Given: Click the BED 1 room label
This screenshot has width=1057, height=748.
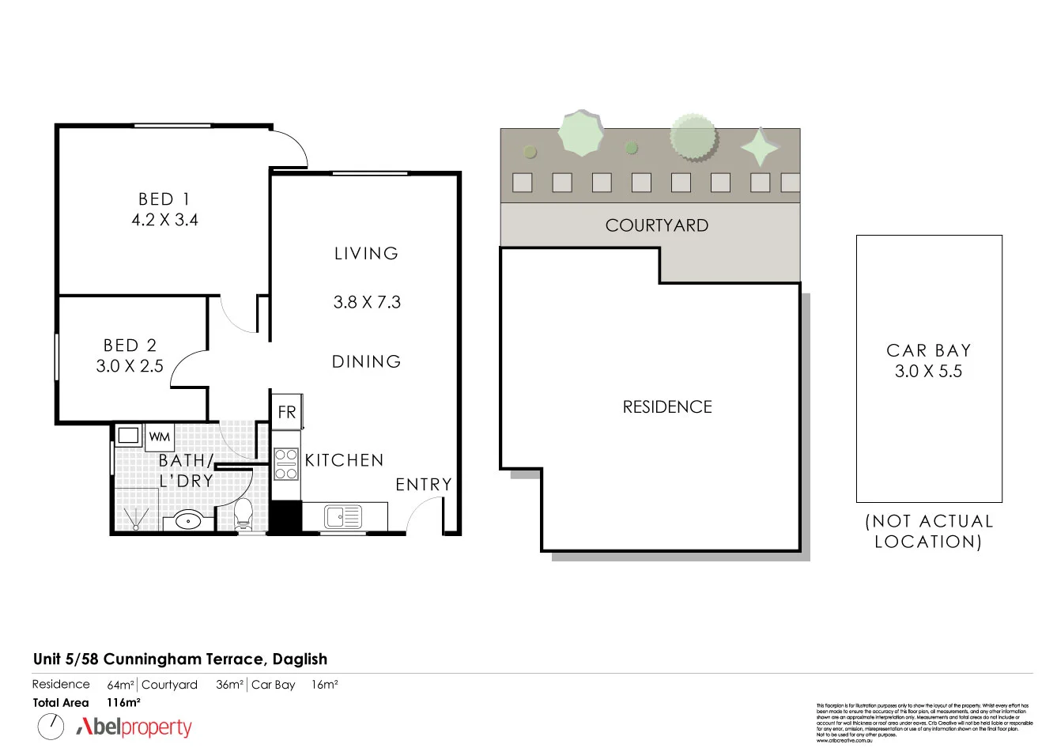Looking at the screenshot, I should pos(164,199).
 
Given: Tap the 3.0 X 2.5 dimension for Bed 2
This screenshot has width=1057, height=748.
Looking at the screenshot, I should pos(130,366).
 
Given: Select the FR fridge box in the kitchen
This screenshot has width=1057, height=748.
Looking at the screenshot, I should pos(286,412).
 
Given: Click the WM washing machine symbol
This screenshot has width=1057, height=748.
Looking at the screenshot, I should pos(159,436).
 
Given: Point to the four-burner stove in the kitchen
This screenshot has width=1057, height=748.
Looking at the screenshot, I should pos(285,464).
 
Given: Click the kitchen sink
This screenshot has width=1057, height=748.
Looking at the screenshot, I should pos(342,517).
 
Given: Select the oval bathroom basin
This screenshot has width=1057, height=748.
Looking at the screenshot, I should pos(188,520).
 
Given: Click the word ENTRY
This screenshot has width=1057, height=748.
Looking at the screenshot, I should pos(424,485).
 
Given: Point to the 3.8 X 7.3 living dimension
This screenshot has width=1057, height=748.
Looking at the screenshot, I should pos(367,302).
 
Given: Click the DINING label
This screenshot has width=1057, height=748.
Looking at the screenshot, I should pos(366,361).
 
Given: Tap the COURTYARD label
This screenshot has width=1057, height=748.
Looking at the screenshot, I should pos(656,225).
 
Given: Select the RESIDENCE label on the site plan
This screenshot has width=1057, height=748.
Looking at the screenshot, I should pos(667,406).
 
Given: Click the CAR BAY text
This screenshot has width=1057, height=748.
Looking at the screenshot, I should pos(928,350).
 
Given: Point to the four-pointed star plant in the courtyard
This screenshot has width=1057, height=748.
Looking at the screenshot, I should pos(760,147).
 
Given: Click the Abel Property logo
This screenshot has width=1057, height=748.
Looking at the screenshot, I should pos(134,727).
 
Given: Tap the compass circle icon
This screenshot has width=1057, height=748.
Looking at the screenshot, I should pos(51,726).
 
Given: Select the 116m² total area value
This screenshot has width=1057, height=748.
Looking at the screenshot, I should pos(123,702).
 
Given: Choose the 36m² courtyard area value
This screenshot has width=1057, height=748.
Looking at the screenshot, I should pos(229,685).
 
